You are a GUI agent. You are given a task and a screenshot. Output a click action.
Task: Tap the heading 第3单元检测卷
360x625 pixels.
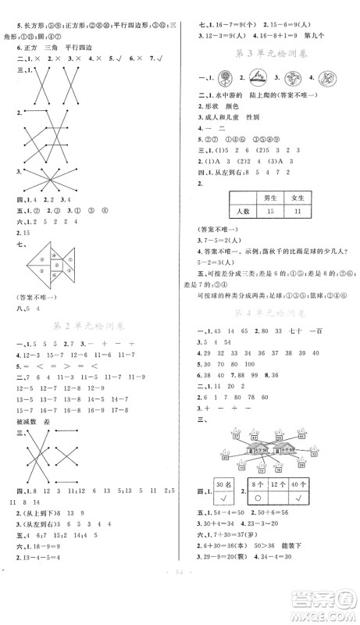pyautogui.click(x=271, y=50)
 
